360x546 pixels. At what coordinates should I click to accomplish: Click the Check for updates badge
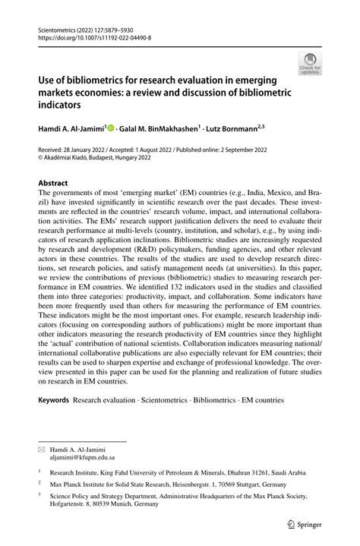[x=311, y=65]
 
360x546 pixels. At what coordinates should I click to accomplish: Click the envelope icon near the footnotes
[x=42, y=450]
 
